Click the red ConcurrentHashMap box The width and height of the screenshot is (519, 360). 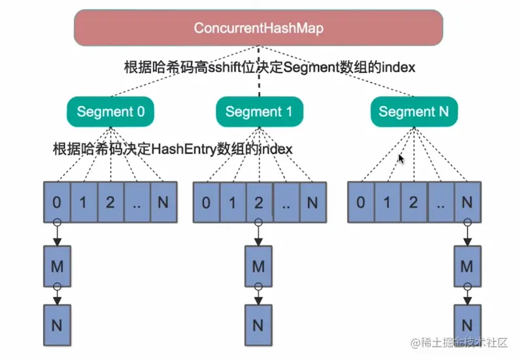pyautogui.click(x=259, y=28)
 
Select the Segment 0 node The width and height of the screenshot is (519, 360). pyautogui.click(x=110, y=111)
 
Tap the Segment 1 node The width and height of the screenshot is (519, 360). pyautogui.click(x=259, y=111)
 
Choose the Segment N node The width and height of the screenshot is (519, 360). pyautogui.click(x=414, y=111)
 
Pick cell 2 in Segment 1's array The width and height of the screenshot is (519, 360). pyautogui.click(x=259, y=202)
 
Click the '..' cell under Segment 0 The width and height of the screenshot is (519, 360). pyautogui.click(x=137, y=202)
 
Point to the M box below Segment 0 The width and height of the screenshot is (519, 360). pyautogui.click(x=56, y=266)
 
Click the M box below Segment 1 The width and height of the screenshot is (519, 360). pyautogui.click(x=259, y=266)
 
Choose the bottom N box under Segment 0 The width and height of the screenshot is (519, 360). pyautogui.click(x=56, y=324)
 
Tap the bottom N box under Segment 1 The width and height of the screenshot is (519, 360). pyautogui.click(x=259, y=324)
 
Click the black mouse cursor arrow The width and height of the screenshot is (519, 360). pyautogui.click(x=402, y=158)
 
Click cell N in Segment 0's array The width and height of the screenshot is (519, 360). pyautogui.click(x=163, y=202)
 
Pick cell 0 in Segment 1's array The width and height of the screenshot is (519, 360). pyautogui.click(x=206, y=202)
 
